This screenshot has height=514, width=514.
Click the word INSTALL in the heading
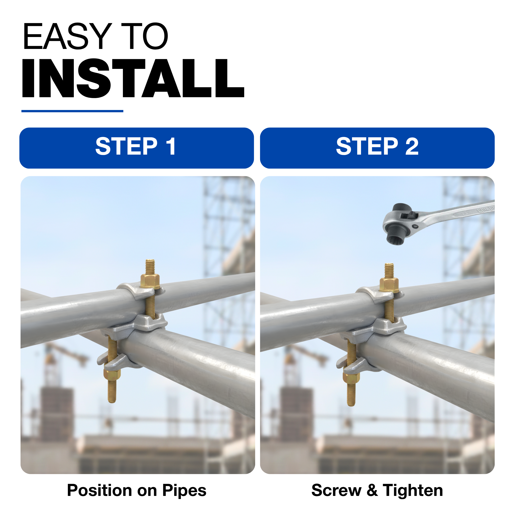coord(133,78)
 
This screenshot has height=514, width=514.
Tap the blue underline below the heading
coord(72,111)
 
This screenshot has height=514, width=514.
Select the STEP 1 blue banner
coord(137,148)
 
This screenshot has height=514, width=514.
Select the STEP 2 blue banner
coord(377,148)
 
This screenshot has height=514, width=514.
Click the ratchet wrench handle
coord(455,213)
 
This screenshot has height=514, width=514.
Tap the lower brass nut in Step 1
coord(112,375)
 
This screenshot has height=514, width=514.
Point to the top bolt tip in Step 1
coord(150,260)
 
